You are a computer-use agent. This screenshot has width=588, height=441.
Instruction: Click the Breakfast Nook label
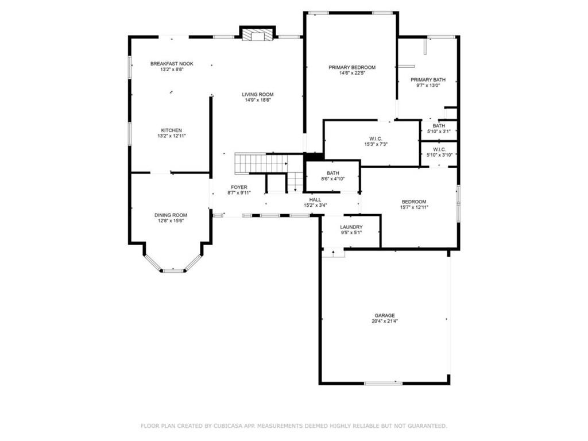172,64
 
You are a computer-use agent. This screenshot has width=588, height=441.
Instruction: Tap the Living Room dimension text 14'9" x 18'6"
258,100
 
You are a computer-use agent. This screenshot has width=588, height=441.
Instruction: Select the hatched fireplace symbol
257,34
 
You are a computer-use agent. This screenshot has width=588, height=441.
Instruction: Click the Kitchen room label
172,130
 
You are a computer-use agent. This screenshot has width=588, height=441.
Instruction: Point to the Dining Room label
171,215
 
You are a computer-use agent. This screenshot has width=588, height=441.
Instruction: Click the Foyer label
239,187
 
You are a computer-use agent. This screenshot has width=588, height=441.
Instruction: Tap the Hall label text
315,199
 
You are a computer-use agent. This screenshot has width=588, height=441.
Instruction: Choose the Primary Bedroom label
352,68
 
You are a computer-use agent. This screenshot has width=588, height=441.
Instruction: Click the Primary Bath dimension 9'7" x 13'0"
428,85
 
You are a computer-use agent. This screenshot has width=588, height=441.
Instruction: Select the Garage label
385,315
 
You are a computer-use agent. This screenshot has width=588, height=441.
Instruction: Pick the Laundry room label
351,227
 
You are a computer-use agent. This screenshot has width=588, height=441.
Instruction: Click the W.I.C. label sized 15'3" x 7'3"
376,139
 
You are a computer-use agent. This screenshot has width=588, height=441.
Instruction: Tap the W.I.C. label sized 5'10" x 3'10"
439,149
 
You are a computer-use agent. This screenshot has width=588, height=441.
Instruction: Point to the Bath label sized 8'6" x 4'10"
333,173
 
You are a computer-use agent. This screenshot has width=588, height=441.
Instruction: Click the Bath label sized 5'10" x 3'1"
439,126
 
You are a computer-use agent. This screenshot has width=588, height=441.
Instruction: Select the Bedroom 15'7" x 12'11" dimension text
414,207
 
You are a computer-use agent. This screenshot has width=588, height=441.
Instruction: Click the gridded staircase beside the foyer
261,163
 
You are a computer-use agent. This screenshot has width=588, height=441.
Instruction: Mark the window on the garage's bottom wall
383,383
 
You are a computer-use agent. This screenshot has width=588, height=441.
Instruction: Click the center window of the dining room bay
173,270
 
